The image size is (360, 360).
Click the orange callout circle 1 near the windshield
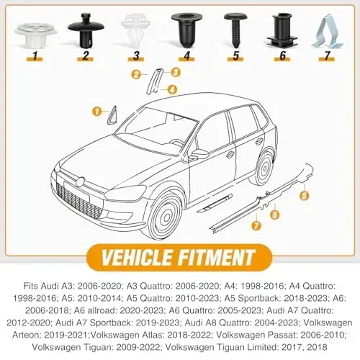pyautogui.click(x=96, y=110)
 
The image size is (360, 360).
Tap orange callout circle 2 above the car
pyautogui.click(x=135, y=74)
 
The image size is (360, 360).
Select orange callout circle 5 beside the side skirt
pyautogui.click(x=304, y=194)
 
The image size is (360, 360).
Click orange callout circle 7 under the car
pyautogui.click(x=257, y=226)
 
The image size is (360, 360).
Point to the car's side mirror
pyautogui.click(x=198, y=154)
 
